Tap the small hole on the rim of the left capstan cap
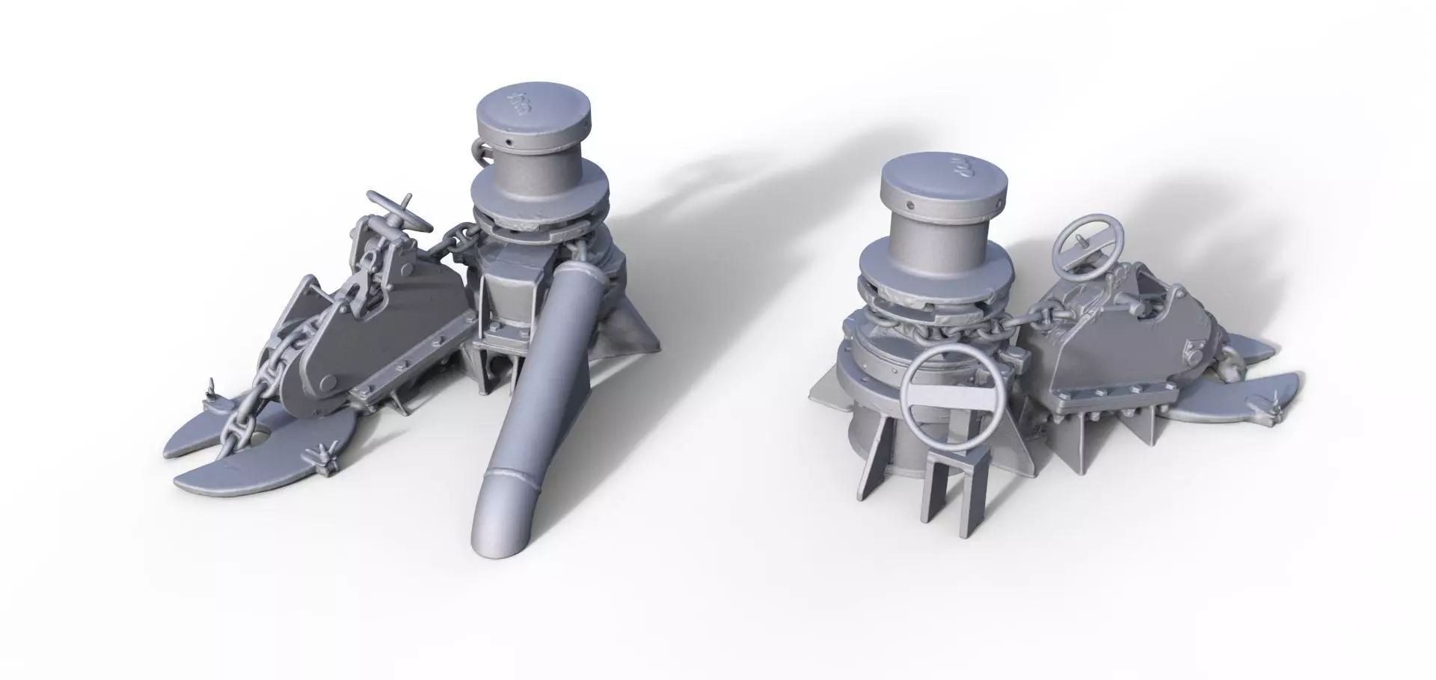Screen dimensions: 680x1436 click(508, 141)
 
